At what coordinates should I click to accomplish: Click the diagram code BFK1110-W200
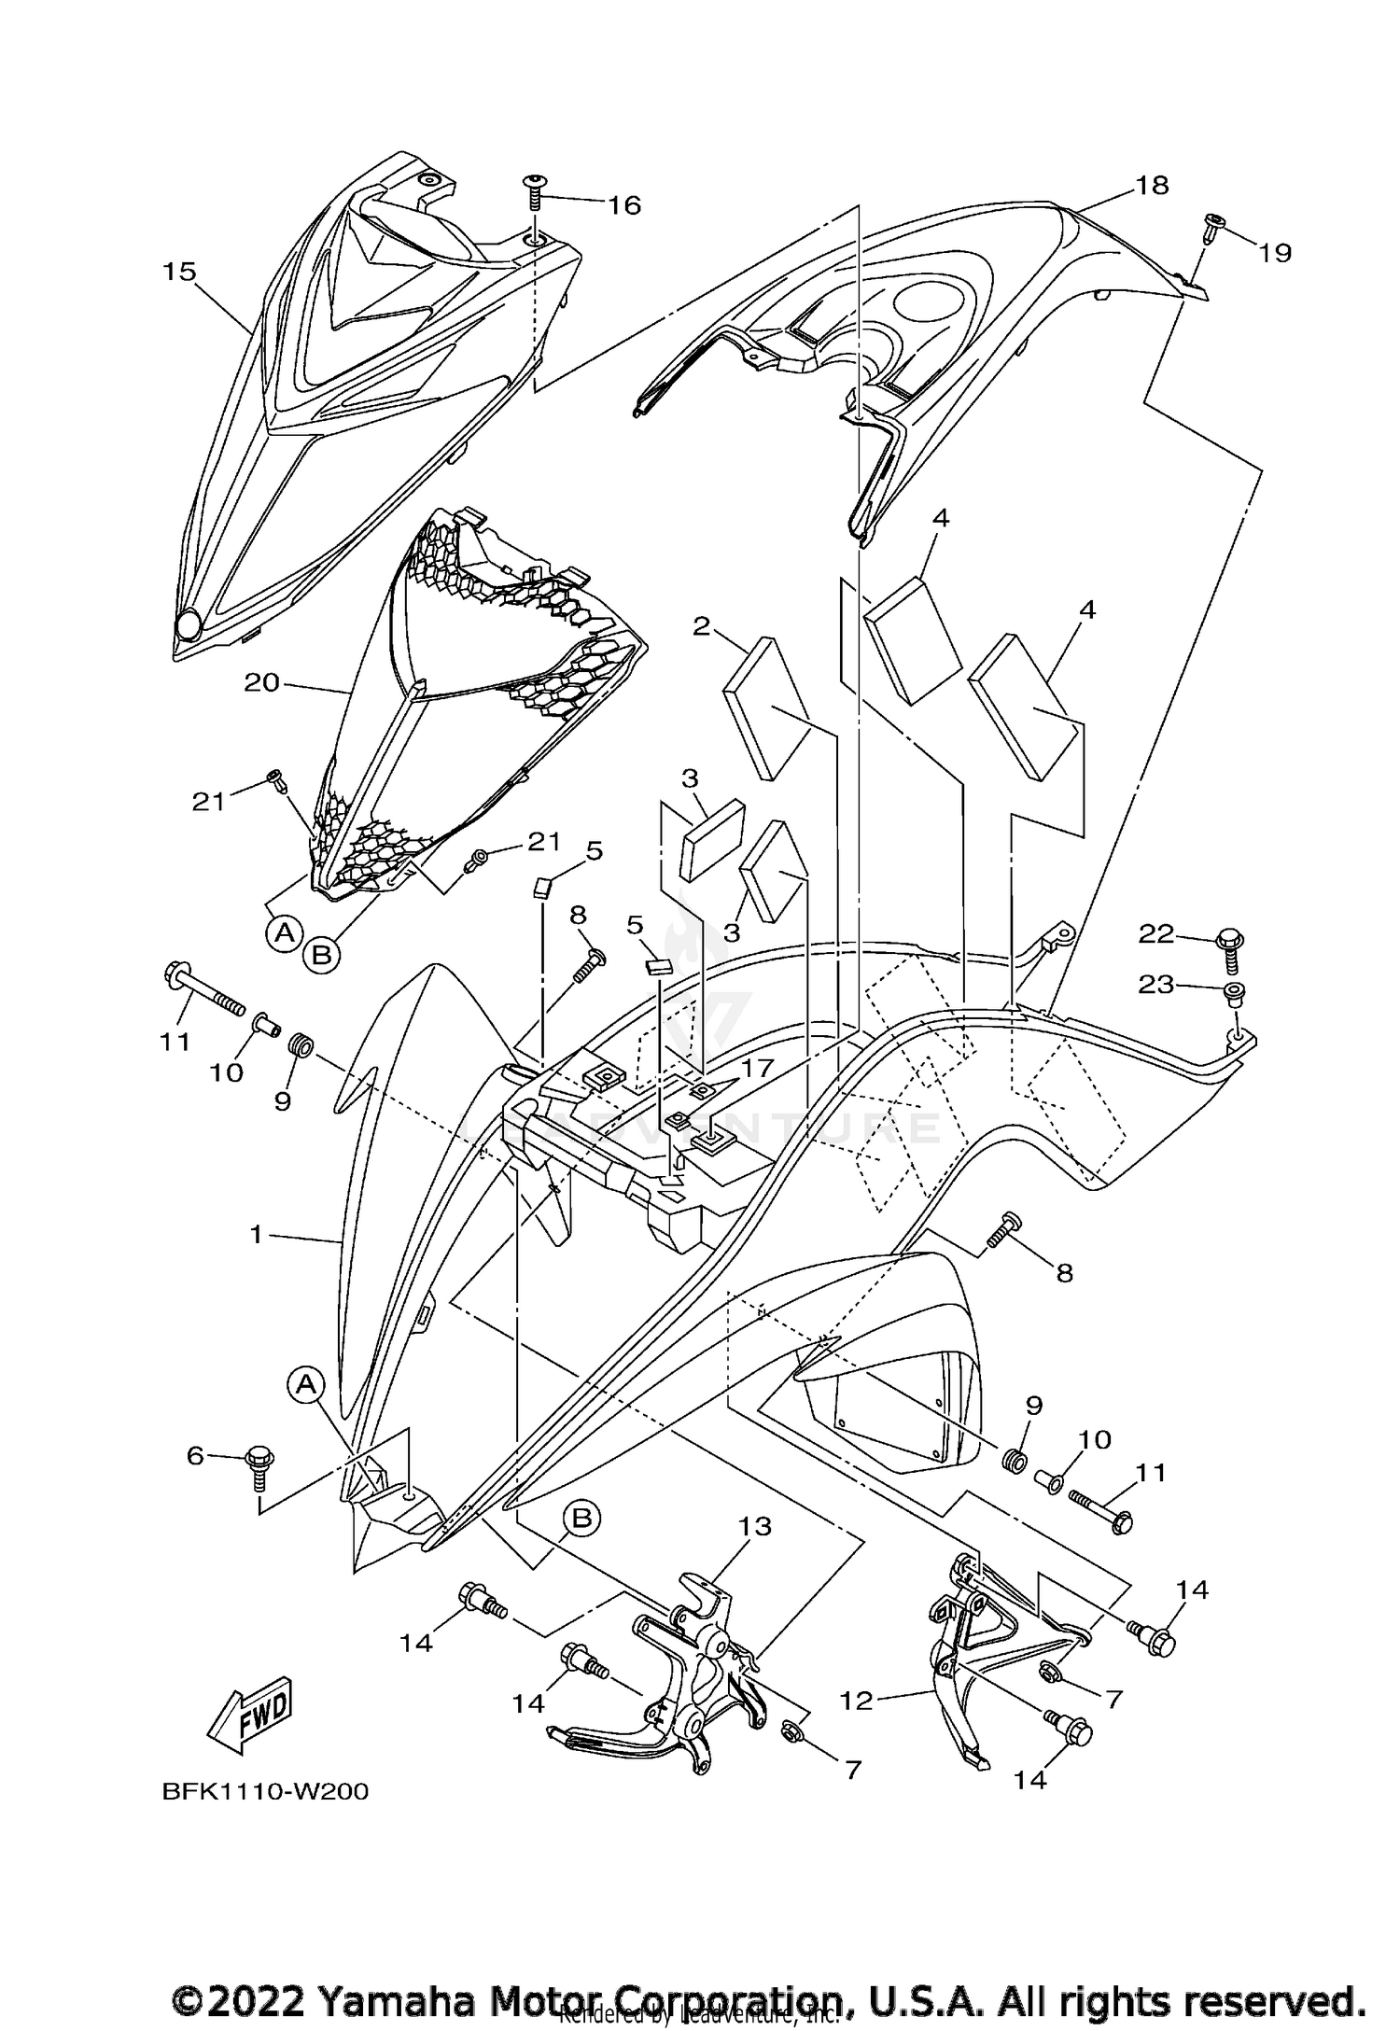click(x=265, y=1792)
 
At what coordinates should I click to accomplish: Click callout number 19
click(x=1274, y=252)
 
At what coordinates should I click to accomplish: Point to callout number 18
click(x=1153, y=185)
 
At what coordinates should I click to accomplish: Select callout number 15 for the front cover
click(x=179, y=272)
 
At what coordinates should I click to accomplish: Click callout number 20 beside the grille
click(x=261, y=682)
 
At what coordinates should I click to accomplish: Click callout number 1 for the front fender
click(x=256, y=1235)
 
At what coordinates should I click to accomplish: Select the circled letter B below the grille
click(x=320, y=954)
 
